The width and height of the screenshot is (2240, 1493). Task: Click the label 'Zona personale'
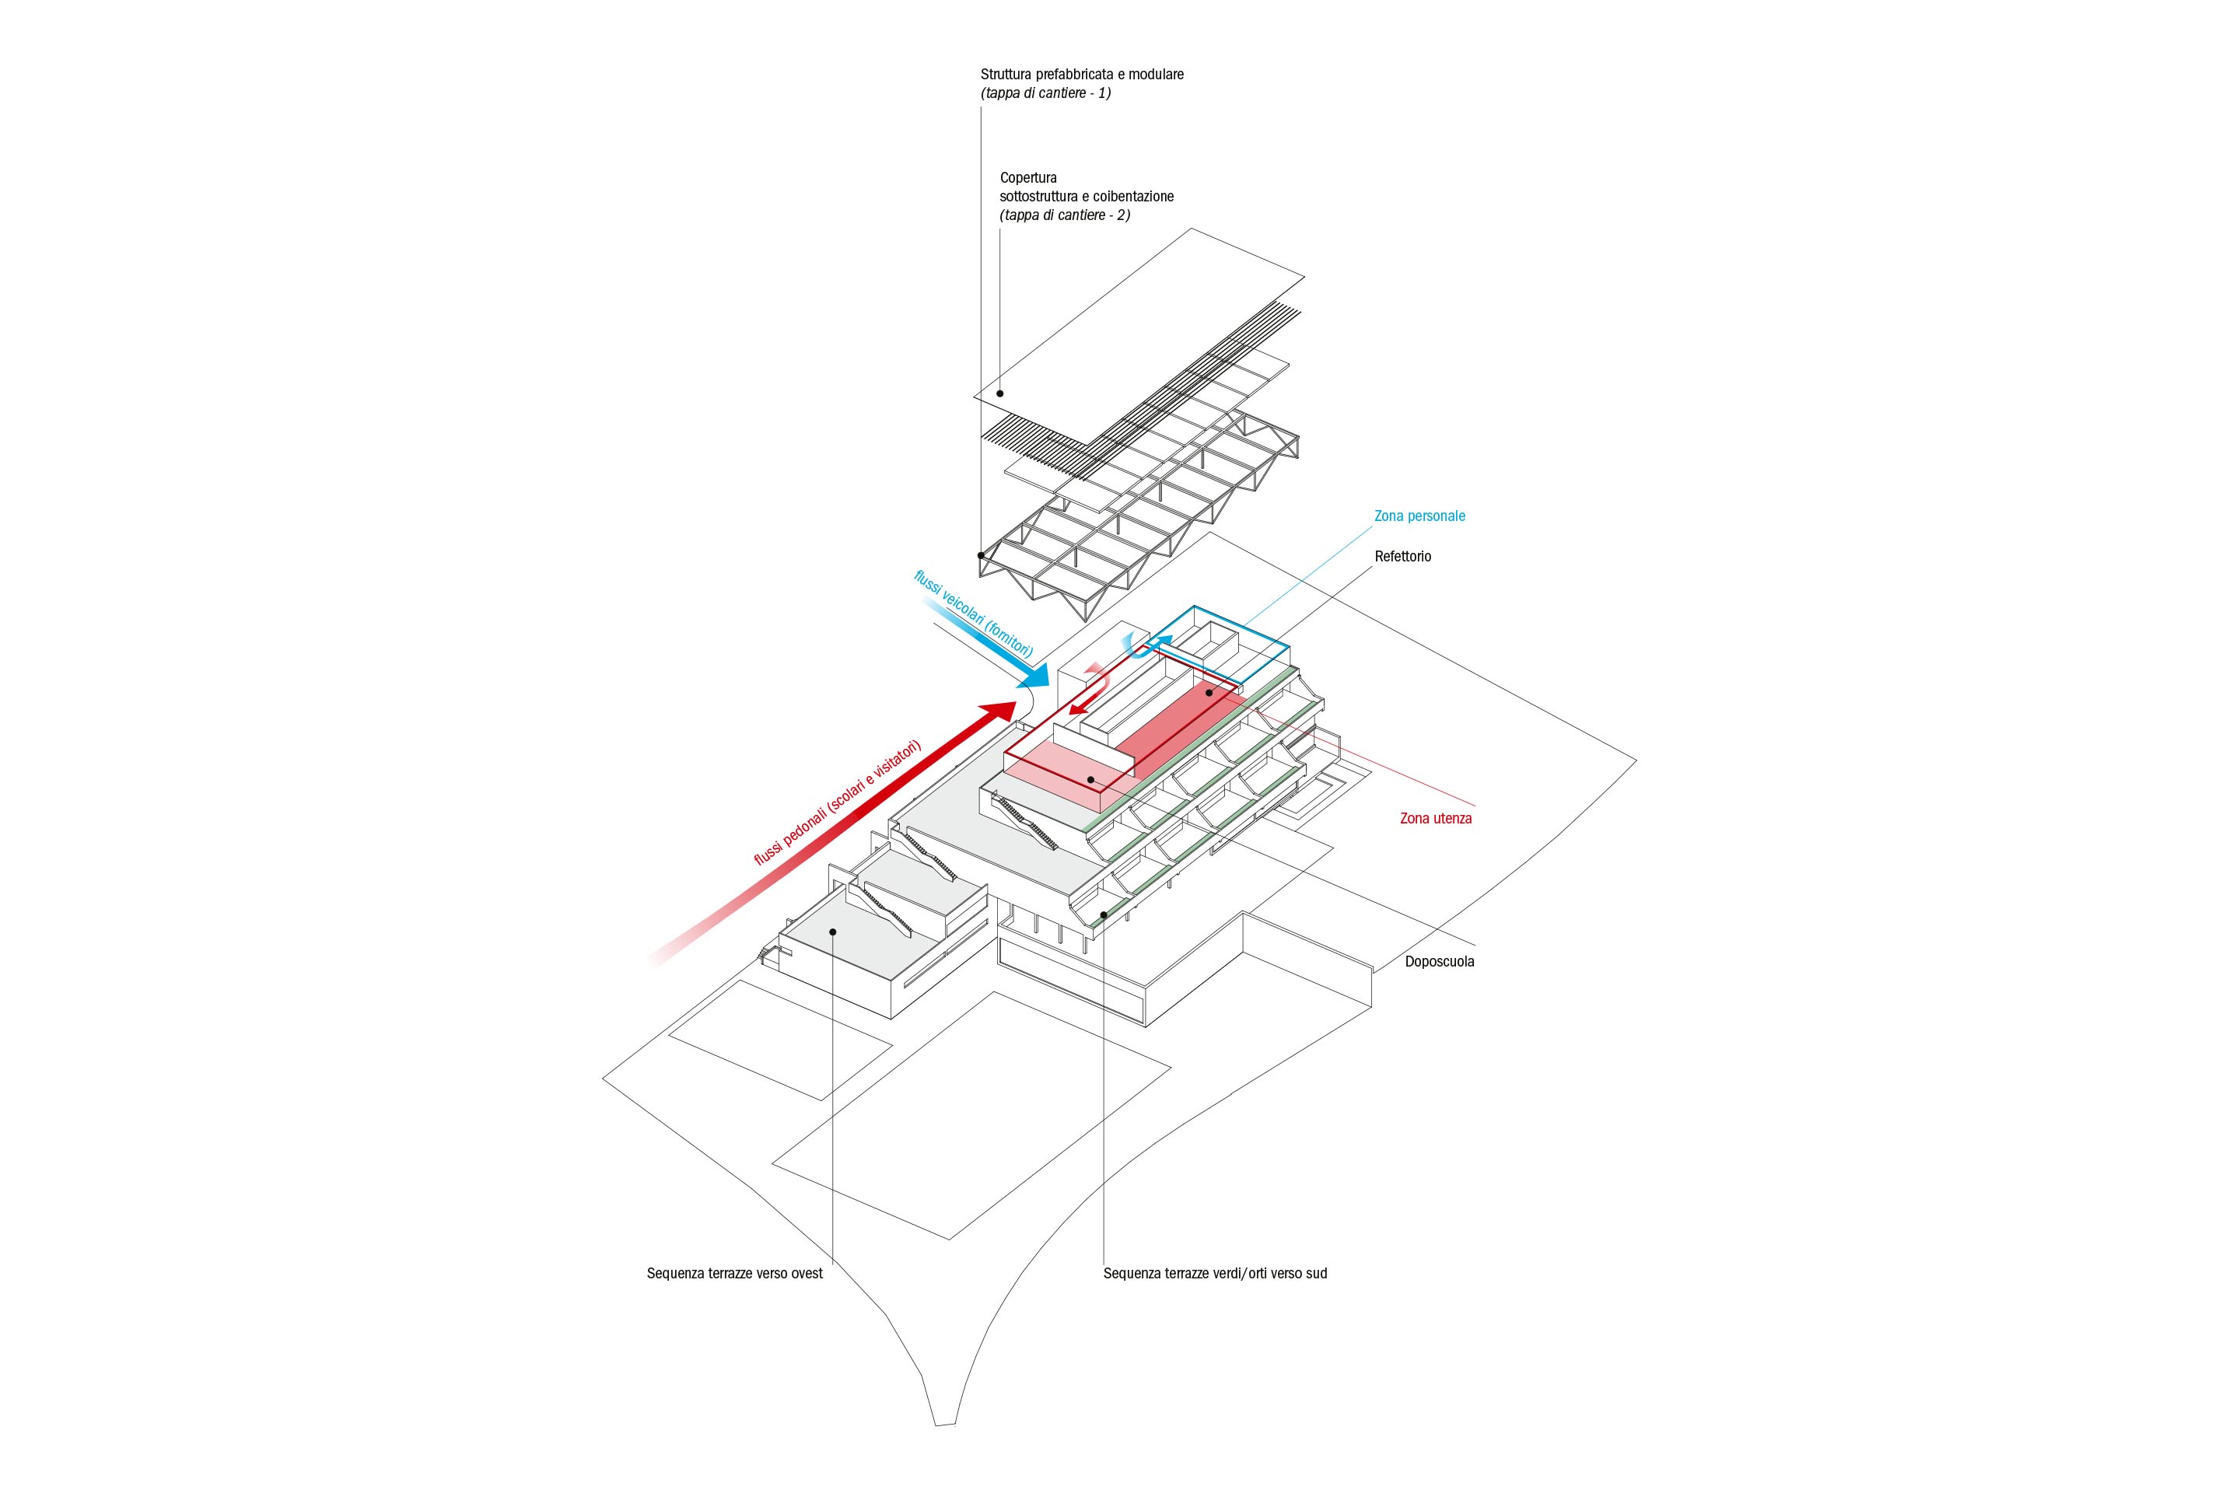[x=1419, y=516]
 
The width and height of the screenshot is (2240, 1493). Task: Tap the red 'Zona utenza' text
[x=1435, y=818]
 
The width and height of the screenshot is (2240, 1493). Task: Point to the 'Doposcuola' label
[x=1439, y=962]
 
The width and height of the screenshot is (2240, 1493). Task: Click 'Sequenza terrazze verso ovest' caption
[x=734, y=1273]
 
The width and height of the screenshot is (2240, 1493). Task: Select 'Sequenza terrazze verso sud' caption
[x=1214, y=1273]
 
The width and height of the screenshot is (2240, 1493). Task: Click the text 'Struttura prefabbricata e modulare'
[x=1082, y=73]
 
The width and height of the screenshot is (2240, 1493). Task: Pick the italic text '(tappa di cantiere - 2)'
[x=1065, y=215]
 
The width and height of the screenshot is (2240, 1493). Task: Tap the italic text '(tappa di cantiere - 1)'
[x=1045, y=93]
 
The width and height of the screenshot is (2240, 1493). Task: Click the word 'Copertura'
[x=1027, y=177]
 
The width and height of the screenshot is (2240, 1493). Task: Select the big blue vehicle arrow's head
[x=1037, y=680]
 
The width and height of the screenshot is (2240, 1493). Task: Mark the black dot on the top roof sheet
[x=1000, y=392]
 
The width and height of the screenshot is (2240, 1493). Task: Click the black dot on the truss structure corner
[x=981, y=554]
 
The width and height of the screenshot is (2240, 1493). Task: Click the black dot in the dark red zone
[x=1209, y=693]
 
